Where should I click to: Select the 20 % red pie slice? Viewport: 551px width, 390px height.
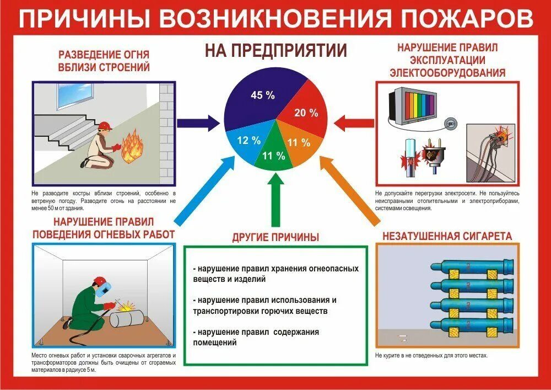pos(305,114)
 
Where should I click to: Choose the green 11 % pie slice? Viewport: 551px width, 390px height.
pos(273,155)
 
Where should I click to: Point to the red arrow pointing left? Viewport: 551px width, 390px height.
pos(353,122)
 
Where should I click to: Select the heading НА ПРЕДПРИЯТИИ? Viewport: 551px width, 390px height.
pos(275,51)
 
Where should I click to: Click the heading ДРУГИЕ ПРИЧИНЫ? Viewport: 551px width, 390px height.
pos(275,238)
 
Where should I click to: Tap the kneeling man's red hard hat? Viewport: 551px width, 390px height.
pos(106,125)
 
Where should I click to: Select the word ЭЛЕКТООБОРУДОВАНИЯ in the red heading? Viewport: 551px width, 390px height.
pos(447,72)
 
